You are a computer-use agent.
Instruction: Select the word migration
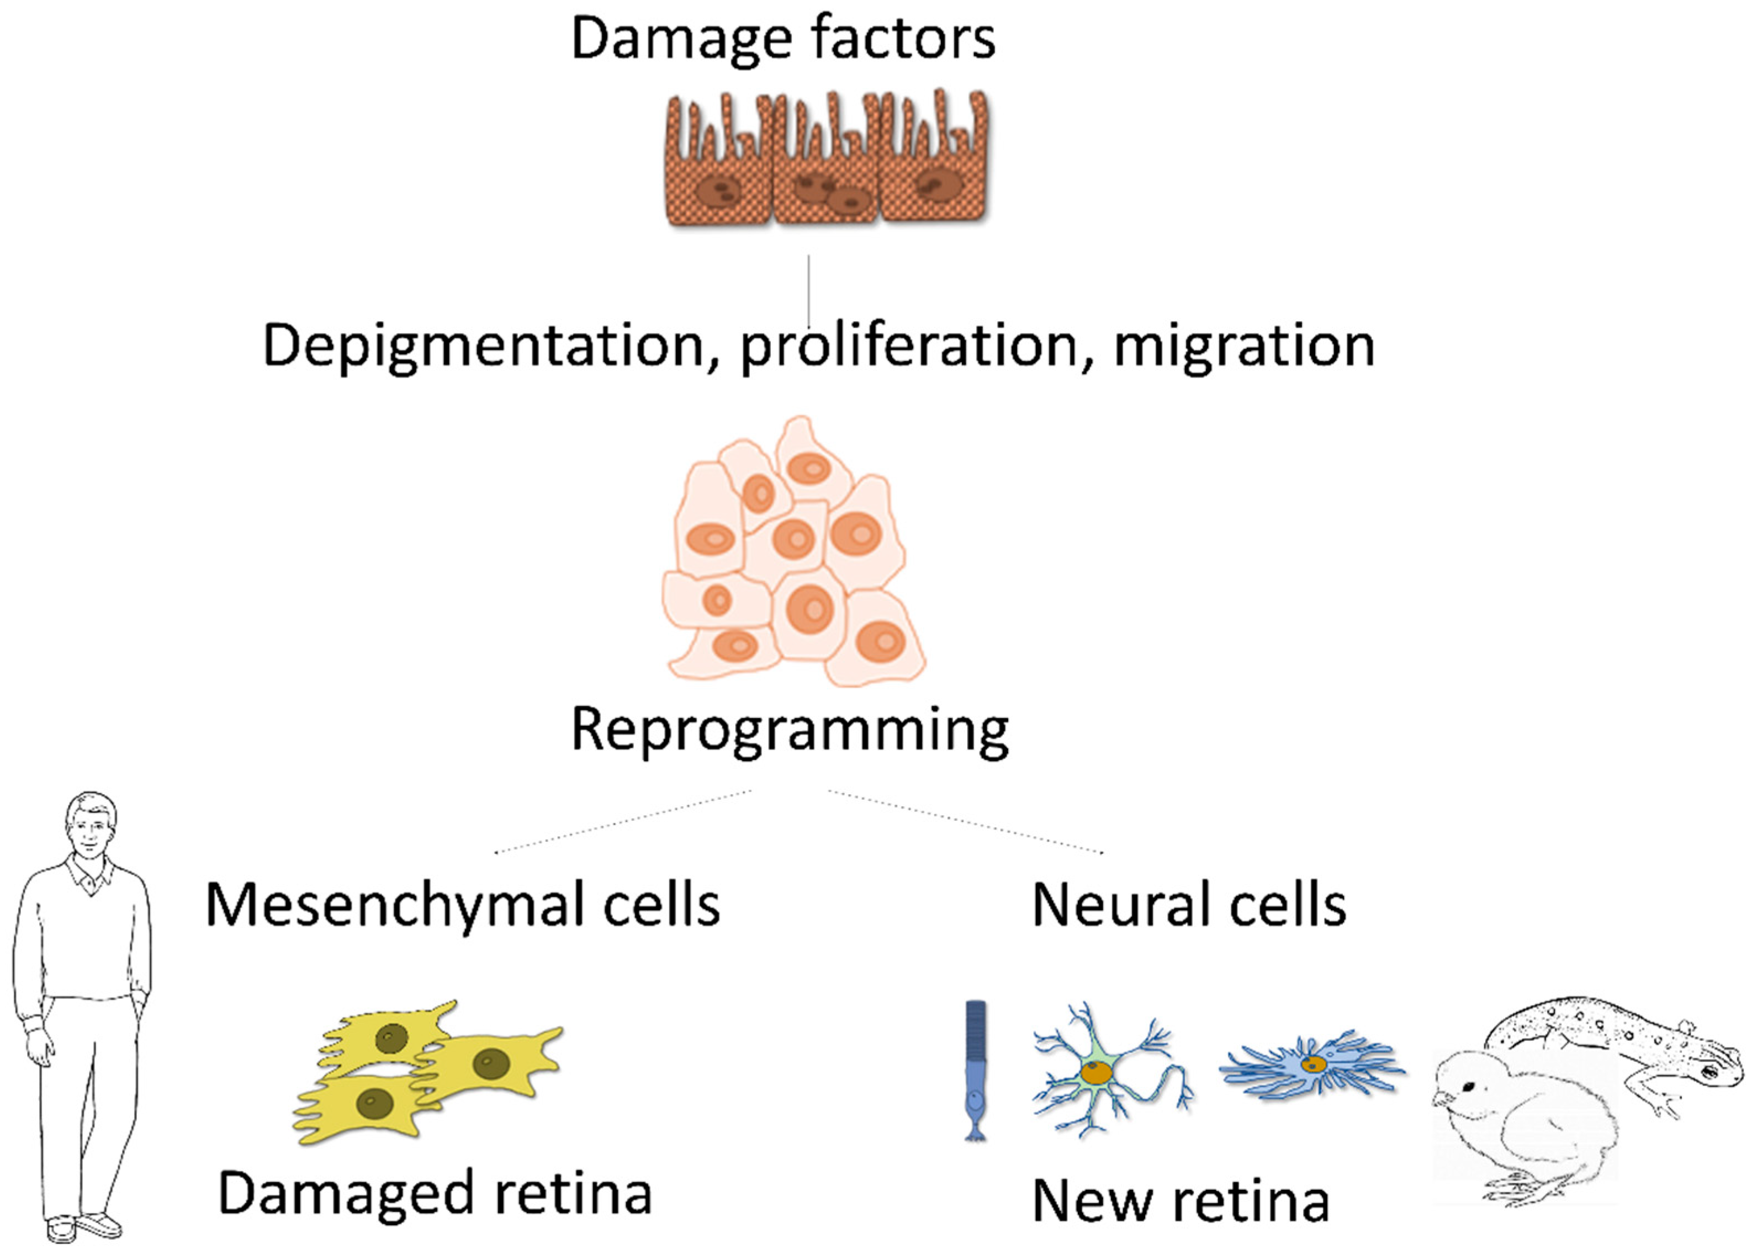click(x=1243, y=345)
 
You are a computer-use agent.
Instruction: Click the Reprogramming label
click(x=790, y=729)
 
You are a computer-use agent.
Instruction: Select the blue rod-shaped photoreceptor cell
click(x=976, y=1070)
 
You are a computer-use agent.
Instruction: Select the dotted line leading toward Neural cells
click(x=966, y=822)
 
